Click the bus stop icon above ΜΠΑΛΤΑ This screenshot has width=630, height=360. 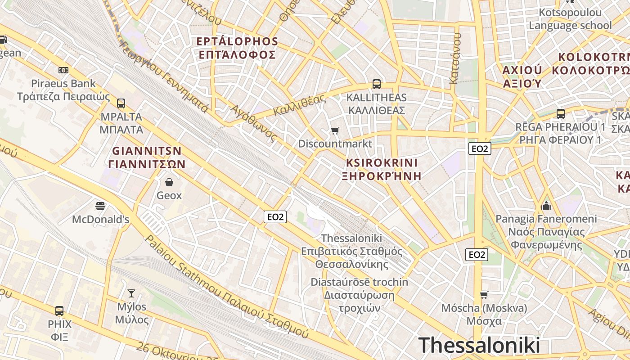coord(121,103)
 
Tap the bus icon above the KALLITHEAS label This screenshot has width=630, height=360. coord(376,84)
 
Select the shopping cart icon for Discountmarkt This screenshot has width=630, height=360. coord(335,131)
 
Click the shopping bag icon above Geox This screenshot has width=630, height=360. coord(169,182)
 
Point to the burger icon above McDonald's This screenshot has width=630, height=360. coord(100,206)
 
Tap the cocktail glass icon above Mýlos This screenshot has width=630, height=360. coord(131,293)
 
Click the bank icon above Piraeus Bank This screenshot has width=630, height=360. coord(63,70)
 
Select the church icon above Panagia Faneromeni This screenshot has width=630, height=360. coord(546,206)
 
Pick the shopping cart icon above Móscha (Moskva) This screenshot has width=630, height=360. coord(484,295)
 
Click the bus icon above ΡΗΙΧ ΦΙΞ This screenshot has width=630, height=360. coord(59,310)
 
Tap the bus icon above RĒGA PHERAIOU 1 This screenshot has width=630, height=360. coord(561,114)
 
